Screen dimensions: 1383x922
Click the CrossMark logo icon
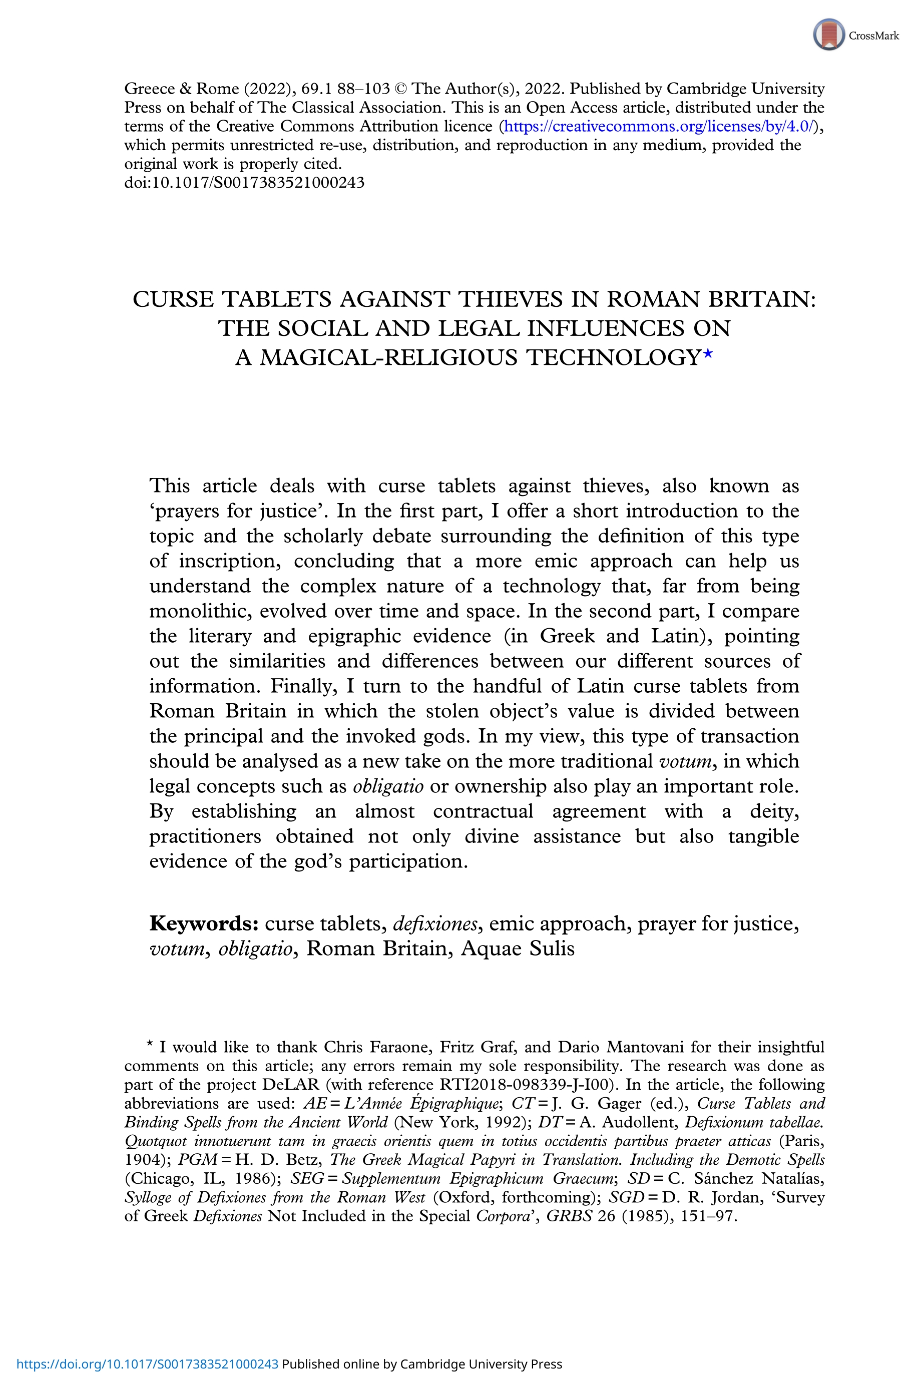[828, 34]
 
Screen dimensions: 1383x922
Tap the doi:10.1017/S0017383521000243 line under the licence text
[244, 182]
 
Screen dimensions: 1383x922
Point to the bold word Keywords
[203, 924]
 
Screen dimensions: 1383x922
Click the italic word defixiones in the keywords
[434, 924]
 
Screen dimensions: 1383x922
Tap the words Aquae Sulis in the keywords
[518, 949]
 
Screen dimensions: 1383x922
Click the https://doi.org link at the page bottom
[147, 1364]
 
